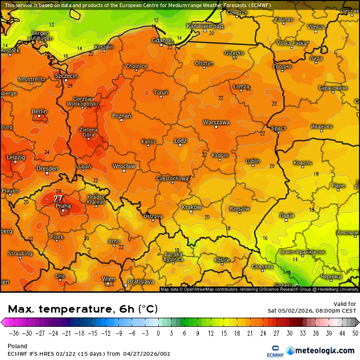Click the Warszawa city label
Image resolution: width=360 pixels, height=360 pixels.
(216, 122)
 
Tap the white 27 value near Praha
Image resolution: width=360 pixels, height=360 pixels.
(58, 198)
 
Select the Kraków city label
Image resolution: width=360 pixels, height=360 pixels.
(191, 207)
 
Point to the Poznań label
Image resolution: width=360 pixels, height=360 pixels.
(122, 116)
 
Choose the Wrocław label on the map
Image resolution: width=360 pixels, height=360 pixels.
(124, 166)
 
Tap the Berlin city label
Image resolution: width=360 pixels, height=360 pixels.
(39, 112)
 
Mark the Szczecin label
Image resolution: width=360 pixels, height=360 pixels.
(66, 76)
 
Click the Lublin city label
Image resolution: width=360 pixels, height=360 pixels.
(253, 162)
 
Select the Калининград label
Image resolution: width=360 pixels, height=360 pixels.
(205, 26)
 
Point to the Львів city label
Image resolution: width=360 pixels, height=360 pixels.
(287, 216)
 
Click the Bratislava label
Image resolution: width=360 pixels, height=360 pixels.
(141, 282)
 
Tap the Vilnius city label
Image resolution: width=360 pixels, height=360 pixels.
(315, 27)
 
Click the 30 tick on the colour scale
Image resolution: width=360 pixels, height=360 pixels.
(289, 333)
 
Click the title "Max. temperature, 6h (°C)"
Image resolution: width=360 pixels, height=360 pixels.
(83, 309)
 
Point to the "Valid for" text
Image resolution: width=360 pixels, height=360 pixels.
(345, 304)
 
